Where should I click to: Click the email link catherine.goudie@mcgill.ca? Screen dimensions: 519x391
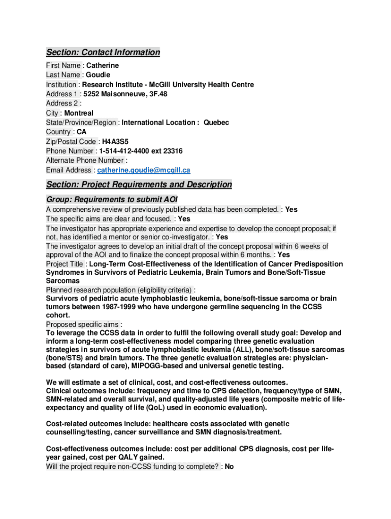coord(144,170)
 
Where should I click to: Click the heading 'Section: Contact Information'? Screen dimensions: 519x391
coord(103,52)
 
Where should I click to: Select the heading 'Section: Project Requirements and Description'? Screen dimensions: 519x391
coord(139,184)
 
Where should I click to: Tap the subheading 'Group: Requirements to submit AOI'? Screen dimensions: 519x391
coord(112,199)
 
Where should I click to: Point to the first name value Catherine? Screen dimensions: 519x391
coord(103,65)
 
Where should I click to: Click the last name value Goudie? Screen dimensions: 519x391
coord(98,75)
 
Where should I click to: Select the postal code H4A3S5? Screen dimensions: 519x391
coord(112,142)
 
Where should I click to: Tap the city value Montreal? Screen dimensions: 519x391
coord(79,113)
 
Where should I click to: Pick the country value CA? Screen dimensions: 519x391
coord(82,132)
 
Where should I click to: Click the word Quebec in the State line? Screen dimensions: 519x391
coord(216,123)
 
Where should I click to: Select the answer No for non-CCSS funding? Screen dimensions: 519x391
coord(229,466)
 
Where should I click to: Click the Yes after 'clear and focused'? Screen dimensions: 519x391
coord(184,219)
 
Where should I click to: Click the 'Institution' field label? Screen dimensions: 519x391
coord(61,85)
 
